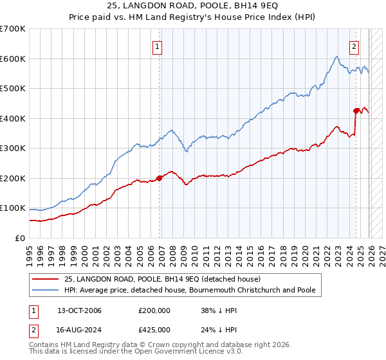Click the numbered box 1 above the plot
coord(157,46)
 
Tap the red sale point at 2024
coord(356,111)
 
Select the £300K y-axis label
coord(13,148)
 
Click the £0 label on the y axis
coord(19,238)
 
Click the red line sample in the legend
coord(46,279)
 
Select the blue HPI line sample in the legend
coord(46,290)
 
